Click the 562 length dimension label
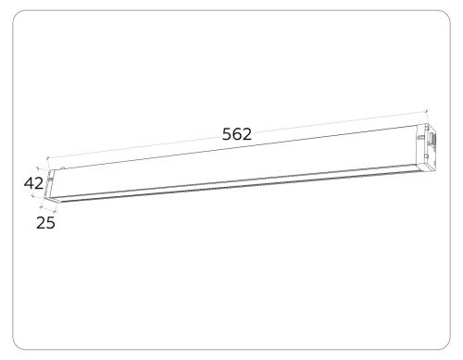pos(237,134)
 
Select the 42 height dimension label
pos(33,183)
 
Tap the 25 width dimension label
pos(45,222)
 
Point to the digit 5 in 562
pos(227,134)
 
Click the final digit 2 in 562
pos(247,134)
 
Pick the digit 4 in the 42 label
pos(29,183)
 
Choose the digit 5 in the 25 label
pos(51,223)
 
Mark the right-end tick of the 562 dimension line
pos(426,111)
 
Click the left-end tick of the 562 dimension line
pos(47,158)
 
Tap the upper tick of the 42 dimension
pos(38,168)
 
